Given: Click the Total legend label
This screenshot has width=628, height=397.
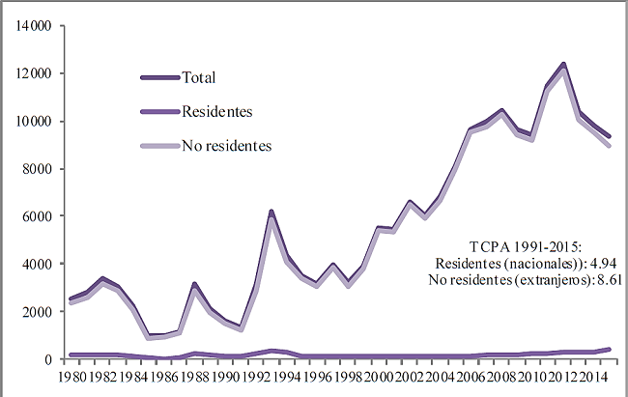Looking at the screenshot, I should coord(199,77).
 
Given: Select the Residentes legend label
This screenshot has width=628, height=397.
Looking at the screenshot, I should coord(217,112).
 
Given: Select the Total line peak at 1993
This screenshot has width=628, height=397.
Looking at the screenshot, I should coord(271,211).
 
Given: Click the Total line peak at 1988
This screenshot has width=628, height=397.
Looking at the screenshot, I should coord(194,284).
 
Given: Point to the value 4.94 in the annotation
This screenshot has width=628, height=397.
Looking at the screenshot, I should coord(602,263).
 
